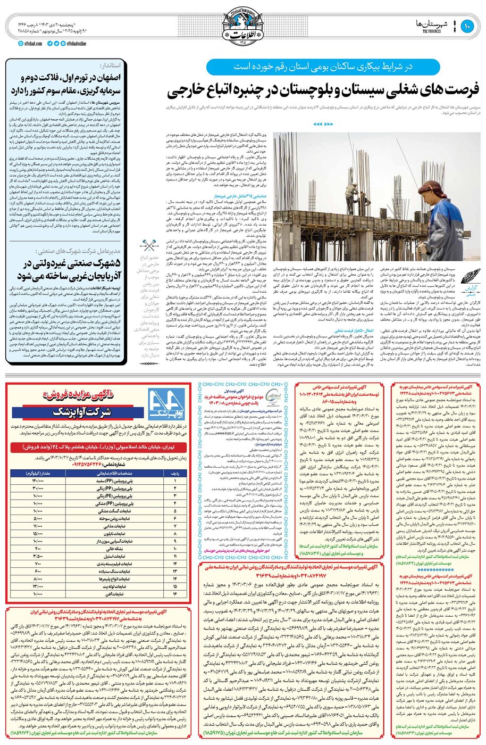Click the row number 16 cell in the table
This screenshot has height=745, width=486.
177,593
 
